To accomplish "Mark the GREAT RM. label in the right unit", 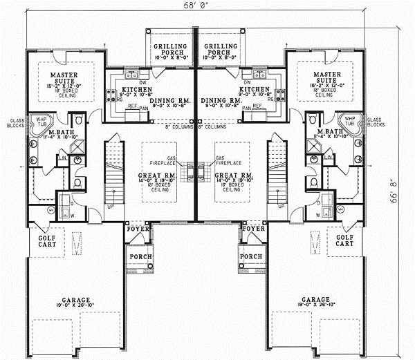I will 232,176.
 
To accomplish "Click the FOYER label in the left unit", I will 136,228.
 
